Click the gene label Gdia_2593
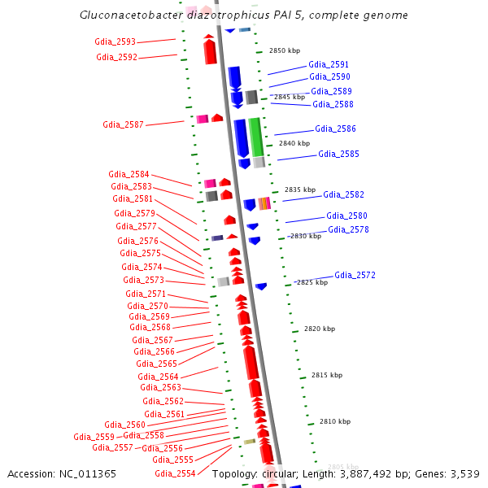click(x=115, y=41)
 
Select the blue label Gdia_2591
click(x=329, y=64)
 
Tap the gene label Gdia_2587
click(x=123, y=124)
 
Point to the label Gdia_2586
click(x=335, y=129)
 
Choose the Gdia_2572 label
click(x=355, y=275)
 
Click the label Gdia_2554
click(x=175, y=473)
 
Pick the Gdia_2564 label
click(x=158, y=377)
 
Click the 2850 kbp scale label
click(x=284, y=50)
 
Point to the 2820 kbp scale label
click(x=319, y=329)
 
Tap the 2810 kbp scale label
click(x=334, y=421)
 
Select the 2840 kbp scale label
click(x=294, y=143)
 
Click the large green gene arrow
click(x=255, y=136)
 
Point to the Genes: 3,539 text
click(x=451, y=473)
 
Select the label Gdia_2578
click(x=348, y=229)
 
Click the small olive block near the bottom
click(x=249, y=442)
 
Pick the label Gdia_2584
click(x=129, y=174)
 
